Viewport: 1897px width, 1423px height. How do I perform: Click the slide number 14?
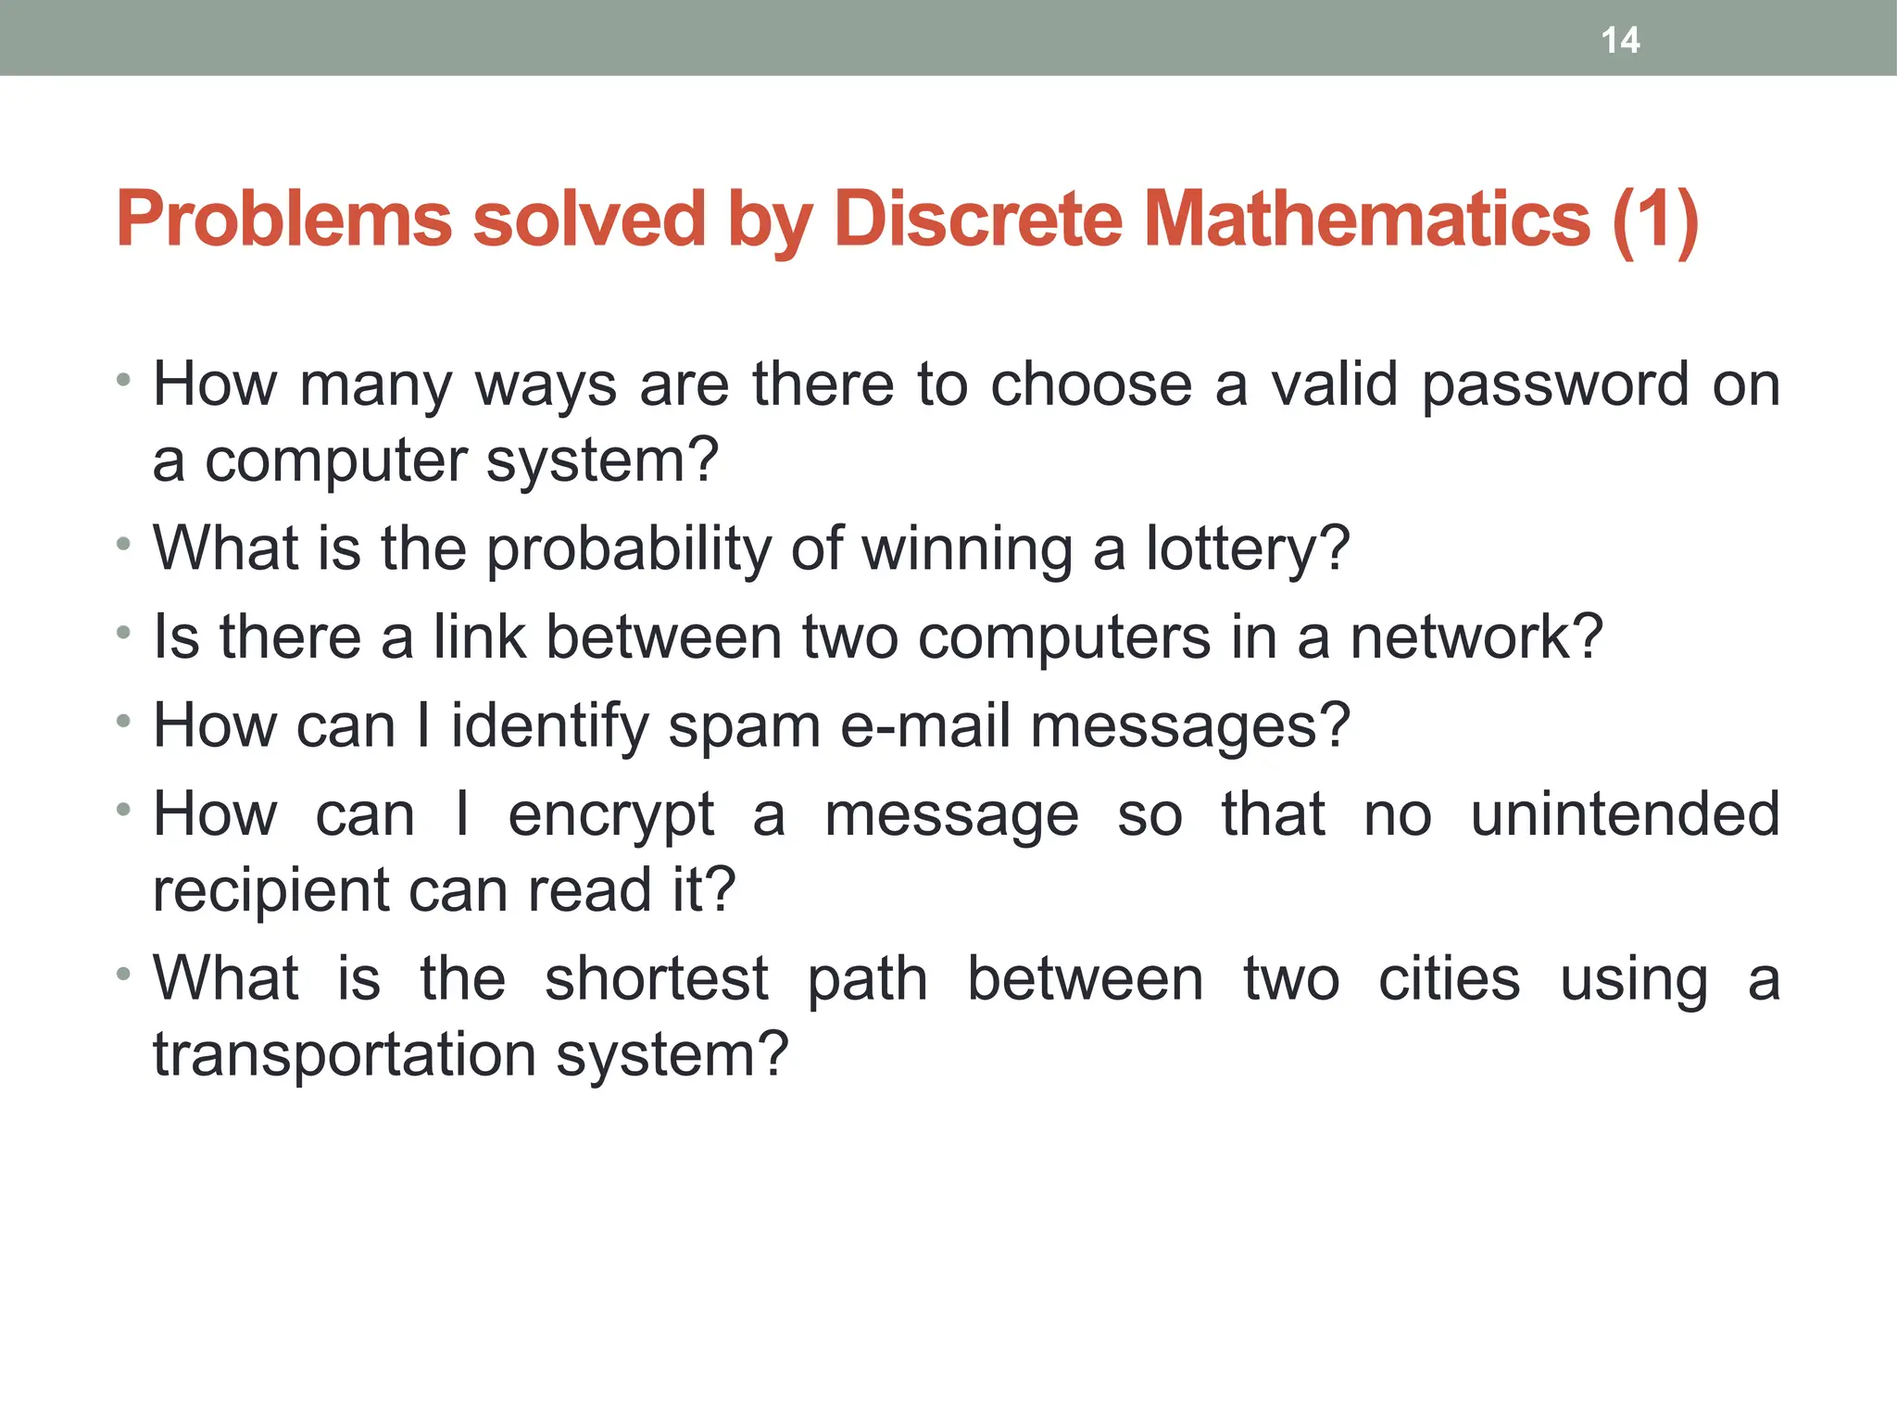1620,41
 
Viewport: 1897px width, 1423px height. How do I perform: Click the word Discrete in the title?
978,220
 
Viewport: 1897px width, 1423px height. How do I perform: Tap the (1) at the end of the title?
1655,221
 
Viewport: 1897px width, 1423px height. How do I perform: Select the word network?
1475,637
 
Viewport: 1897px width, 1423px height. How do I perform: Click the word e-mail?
924,726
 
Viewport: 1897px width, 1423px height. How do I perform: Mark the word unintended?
1625,814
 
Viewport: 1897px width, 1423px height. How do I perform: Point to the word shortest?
656,979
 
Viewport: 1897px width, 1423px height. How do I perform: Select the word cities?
1449,979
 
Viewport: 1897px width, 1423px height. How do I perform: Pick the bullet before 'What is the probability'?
123,545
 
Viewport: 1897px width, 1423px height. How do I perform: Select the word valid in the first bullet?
1334,384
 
